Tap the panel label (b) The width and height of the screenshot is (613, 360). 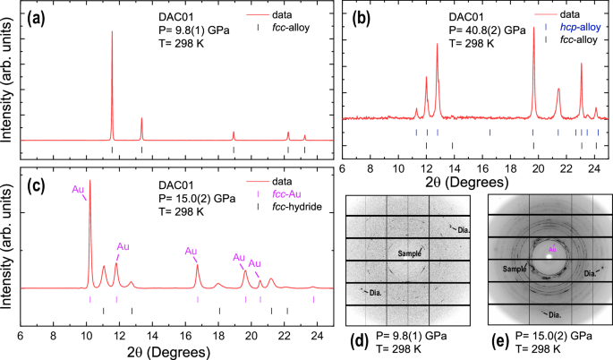(365, 16)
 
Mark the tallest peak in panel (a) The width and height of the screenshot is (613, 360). (112, 32)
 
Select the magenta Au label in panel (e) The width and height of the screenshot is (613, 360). (552, 248)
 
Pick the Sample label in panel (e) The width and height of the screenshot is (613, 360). (515, 268)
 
